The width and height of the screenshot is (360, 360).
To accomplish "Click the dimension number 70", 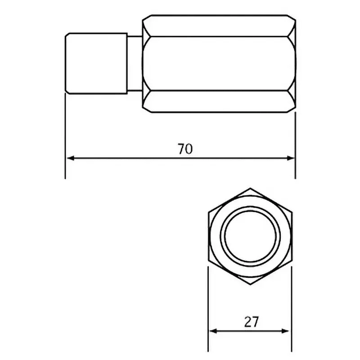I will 184,149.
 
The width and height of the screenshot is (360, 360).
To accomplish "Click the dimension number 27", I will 252,321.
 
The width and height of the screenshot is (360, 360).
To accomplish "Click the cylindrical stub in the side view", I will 96,63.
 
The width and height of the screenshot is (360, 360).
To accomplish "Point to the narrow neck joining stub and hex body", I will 135,63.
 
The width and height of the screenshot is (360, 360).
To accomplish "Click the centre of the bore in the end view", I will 250,236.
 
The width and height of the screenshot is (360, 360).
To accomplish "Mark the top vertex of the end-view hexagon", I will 250,188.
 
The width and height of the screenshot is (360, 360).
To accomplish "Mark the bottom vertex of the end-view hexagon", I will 250,285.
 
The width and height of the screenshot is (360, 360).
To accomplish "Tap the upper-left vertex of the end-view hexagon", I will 208,212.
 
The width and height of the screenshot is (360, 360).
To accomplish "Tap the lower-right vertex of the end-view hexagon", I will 292,261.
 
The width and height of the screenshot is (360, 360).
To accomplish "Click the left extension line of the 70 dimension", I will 65,135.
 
